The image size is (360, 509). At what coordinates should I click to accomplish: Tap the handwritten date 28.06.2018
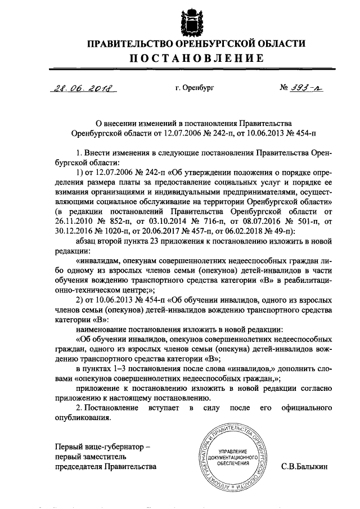[x=82, y=88]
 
